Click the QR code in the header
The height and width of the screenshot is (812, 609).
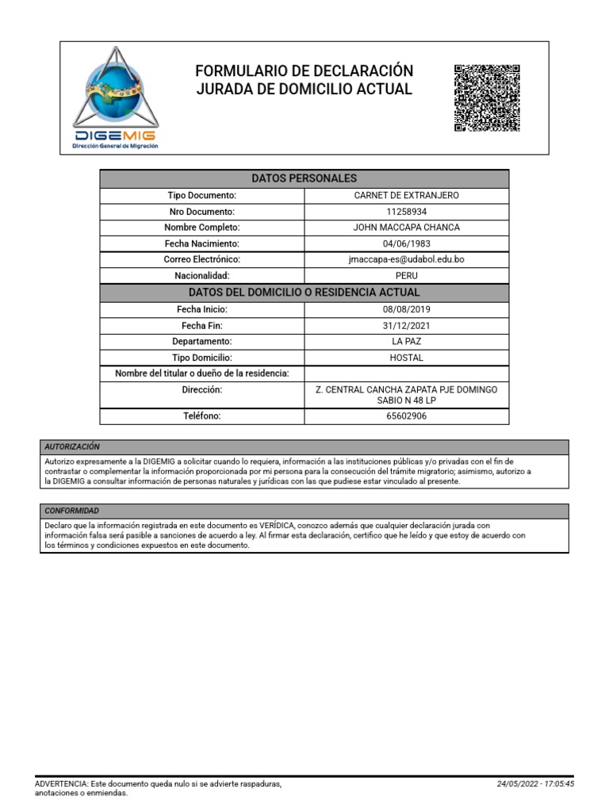coord(486,98)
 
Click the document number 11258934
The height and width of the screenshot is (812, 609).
coord(407,212)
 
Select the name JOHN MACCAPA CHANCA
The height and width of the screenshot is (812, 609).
coord(407,228)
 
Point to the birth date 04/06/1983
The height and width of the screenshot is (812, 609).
coord(407,243)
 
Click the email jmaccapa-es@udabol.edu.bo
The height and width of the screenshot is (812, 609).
coord(407,259)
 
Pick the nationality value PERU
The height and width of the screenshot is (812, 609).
coord(407,275)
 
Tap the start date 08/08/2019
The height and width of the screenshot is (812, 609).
coord(407,309)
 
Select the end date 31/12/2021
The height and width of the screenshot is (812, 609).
coord(407,325)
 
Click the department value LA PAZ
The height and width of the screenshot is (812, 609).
coord(407,341)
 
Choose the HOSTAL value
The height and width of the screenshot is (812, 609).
coord(407,358)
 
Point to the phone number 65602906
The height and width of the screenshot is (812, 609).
coord(407,416)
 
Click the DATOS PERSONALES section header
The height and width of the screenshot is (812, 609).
coord(304,178)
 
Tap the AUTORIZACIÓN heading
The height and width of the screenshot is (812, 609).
coord(72,447)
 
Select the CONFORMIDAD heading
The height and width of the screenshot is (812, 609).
coord(72,511)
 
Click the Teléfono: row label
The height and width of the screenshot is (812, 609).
coord(201,416)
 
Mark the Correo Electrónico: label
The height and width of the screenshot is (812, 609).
coord(201,259)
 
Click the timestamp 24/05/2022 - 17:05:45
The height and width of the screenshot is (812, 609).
coord(535,783)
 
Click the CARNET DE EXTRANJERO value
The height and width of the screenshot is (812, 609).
coord(407,195)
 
